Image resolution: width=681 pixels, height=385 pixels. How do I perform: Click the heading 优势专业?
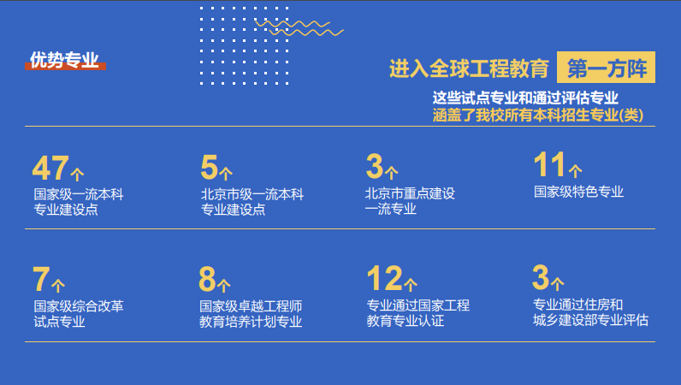[x=65, y=60]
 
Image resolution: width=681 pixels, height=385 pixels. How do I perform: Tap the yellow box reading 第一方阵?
[x=606, y=68]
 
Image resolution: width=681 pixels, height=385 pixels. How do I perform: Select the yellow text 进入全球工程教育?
[x=468, y=68]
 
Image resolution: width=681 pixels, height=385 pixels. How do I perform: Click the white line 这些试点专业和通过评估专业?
[x=525, y=98]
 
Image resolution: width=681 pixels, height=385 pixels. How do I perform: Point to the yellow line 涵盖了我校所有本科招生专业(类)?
[x=537, y=115]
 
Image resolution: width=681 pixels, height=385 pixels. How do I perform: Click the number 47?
[x=50, y=166]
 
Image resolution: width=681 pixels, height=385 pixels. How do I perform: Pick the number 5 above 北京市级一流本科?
[x=210, y=166]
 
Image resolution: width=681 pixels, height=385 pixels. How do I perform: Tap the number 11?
[x=549, y=164]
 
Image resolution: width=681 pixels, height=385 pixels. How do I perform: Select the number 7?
[x=42, y=279]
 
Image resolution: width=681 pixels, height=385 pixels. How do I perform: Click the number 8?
[x=208, y=279]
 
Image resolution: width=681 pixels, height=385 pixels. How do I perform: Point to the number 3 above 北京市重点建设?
[x=375, y=166]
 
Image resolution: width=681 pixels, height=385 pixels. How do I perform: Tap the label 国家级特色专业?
[x=578, y=192]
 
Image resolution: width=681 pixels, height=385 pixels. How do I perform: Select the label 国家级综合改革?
[x=79, y=305]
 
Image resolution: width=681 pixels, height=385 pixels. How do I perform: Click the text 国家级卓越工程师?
[x=251, y=305]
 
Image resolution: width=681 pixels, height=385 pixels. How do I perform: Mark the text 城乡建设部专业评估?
[x=590, y=321]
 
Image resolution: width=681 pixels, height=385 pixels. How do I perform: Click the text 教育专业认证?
[x=406, y=322]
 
